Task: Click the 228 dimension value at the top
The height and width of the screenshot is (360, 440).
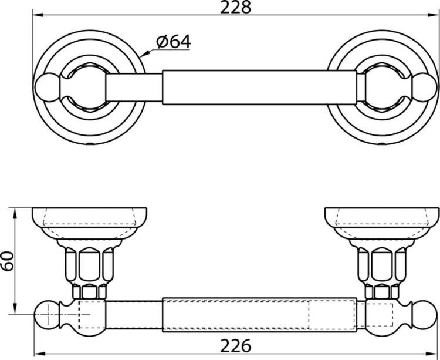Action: [x=235, y=7]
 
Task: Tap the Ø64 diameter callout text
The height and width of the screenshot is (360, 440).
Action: [x=174, y=42]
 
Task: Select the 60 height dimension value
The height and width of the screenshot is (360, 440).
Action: [x=7, y=261]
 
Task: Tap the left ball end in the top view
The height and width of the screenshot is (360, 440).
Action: [x=47, y=88]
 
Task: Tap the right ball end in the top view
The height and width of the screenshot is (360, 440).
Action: [x=425, y=88]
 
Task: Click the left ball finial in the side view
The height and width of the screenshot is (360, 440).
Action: [x=46, y=315]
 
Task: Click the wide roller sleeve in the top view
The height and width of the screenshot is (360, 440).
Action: [x=259, y=88]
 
